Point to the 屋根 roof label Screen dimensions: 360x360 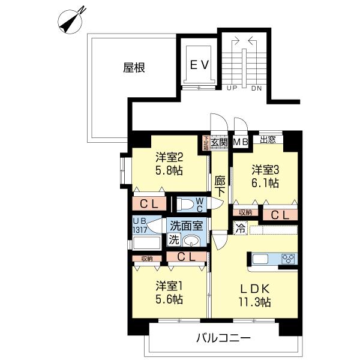pos(134,67)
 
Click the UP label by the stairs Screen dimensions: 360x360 pos(232,89)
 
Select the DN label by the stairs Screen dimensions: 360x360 pos(256,89)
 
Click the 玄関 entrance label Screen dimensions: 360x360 pos(219,142)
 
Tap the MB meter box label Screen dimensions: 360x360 pos(241,142)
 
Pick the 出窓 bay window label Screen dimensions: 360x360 pos(268,140)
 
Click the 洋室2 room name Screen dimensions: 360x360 pos(169,157)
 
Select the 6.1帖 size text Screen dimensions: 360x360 pos(265,182)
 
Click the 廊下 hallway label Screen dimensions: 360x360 pos(220,185)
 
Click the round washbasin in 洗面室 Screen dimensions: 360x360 pos(191,241)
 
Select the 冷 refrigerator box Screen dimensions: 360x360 pos(239,229)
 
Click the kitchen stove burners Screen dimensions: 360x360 pos(288,259)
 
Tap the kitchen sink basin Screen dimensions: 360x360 pos(262,259)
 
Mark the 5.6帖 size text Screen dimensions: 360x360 pos(169,299)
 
